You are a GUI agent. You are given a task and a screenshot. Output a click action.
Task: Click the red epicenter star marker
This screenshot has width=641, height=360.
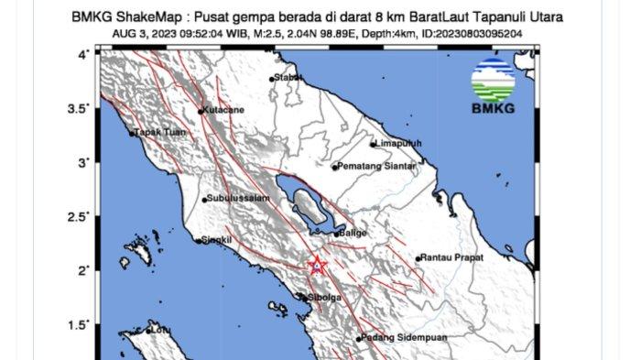click(317, 266)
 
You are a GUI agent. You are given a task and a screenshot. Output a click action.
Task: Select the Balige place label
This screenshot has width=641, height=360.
click(353, 233)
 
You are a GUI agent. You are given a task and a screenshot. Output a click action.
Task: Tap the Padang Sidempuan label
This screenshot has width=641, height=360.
click(400, 338)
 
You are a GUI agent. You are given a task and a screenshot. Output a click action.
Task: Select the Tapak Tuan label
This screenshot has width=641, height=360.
click(160, 133)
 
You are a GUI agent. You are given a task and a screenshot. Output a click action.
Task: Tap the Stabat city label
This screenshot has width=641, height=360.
click(289, 78)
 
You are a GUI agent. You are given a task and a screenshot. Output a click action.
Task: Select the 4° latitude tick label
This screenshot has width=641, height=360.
click(82, 55)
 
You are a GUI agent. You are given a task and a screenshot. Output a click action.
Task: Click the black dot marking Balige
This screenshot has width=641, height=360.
click(336, 234)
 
